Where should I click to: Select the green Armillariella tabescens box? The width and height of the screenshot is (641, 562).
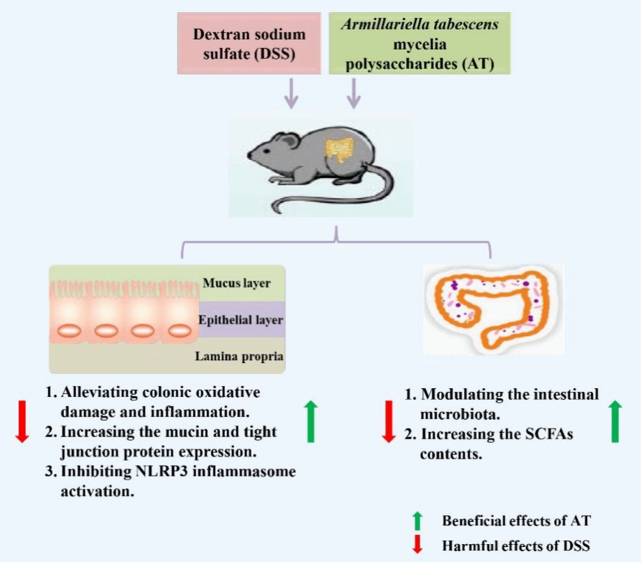click(420, 44)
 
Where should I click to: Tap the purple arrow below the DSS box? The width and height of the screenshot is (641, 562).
click(291, 93)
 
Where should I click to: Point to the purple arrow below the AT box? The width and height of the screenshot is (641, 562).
click(353, 93)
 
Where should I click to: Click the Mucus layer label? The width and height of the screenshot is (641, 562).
click(237, 284)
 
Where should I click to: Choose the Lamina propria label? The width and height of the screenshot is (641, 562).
click(237, 356)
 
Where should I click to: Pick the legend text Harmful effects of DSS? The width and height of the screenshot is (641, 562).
click(515, 545)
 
